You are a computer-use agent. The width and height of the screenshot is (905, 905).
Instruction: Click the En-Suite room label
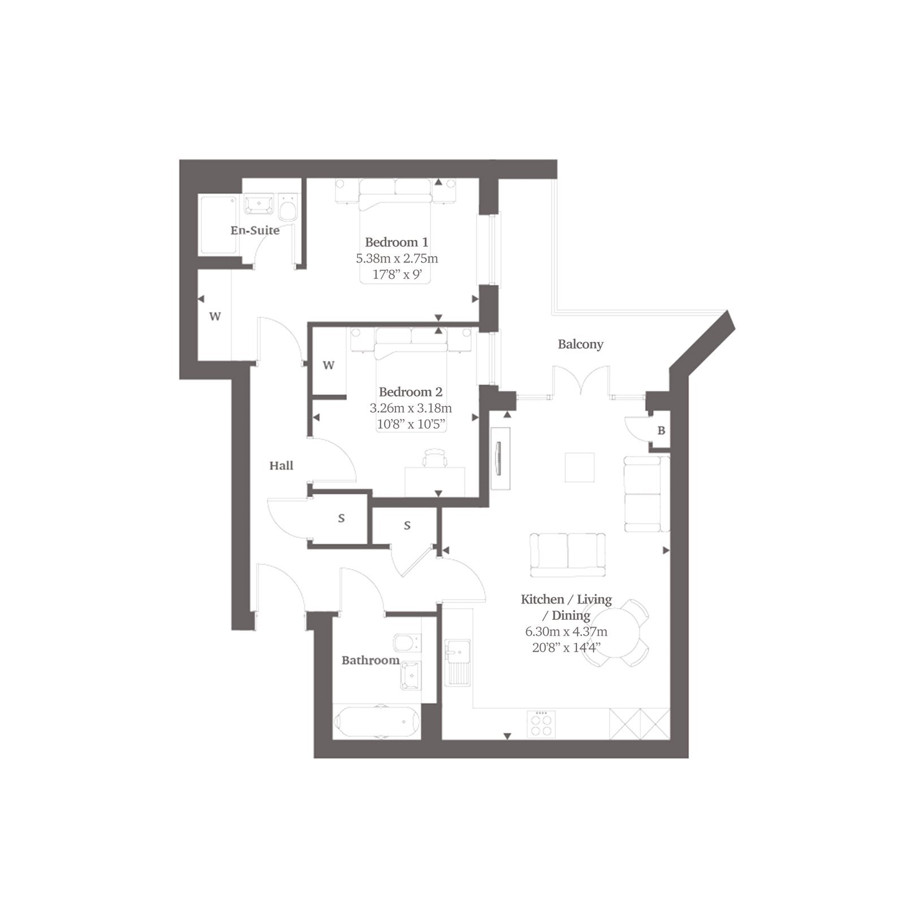point(255,230)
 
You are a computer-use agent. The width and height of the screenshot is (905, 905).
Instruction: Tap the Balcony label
point(580,344)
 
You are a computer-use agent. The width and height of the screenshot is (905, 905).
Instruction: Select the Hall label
point(281,466)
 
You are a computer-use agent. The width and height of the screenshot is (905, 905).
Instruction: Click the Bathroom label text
point(370,660)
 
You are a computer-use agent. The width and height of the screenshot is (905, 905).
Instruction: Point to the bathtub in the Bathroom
point(377,722)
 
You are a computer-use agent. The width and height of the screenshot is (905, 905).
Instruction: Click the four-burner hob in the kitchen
point(541,724)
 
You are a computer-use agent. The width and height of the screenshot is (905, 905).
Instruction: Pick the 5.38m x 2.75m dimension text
point(397,258)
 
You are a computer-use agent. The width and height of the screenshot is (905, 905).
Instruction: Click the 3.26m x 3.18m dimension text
point(411,408)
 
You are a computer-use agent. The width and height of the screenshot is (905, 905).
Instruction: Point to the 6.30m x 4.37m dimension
point(566,631)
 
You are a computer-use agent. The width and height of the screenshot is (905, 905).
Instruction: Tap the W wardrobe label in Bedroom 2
point(329,365)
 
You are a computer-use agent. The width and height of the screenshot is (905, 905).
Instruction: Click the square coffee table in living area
point(580,467)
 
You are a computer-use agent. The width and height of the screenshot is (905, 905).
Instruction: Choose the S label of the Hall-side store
point(341,518)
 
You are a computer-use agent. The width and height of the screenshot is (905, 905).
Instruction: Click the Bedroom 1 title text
point(397,242)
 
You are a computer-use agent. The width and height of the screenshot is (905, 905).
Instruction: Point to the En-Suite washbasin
point(259,205)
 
